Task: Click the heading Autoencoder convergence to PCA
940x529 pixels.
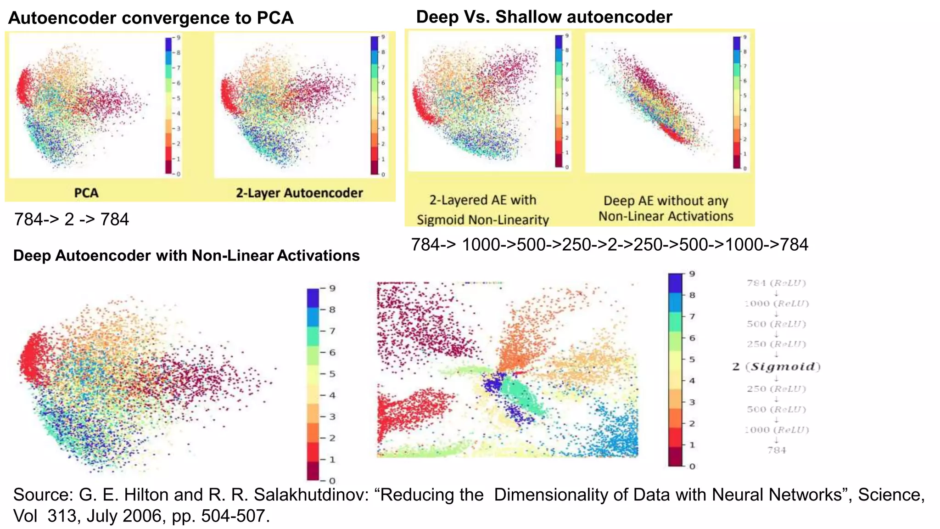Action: coord(151,18)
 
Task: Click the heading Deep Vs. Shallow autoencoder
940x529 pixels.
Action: coord(543,17)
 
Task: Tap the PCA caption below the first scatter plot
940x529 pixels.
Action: coord(86,192)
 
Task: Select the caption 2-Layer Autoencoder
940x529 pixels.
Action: coord(299,193)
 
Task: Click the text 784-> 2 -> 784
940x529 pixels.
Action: coord(72,219)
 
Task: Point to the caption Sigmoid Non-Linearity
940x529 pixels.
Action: coord(482,219)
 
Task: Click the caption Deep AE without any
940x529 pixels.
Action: coord(666,201)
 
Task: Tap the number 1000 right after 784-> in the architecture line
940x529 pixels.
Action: coord(480,245)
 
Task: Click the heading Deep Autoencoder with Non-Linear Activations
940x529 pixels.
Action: coord(186,255)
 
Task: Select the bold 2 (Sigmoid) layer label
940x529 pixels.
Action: coord(776,366)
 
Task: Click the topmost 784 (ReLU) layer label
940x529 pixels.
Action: coord(776,283)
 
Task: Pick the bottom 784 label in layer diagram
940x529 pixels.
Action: coord(777,450)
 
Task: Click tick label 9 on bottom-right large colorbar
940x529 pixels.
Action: coord(692,274)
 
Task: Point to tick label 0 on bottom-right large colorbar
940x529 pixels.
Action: coord(692,466)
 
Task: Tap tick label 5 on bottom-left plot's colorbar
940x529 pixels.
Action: coord(332,374)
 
